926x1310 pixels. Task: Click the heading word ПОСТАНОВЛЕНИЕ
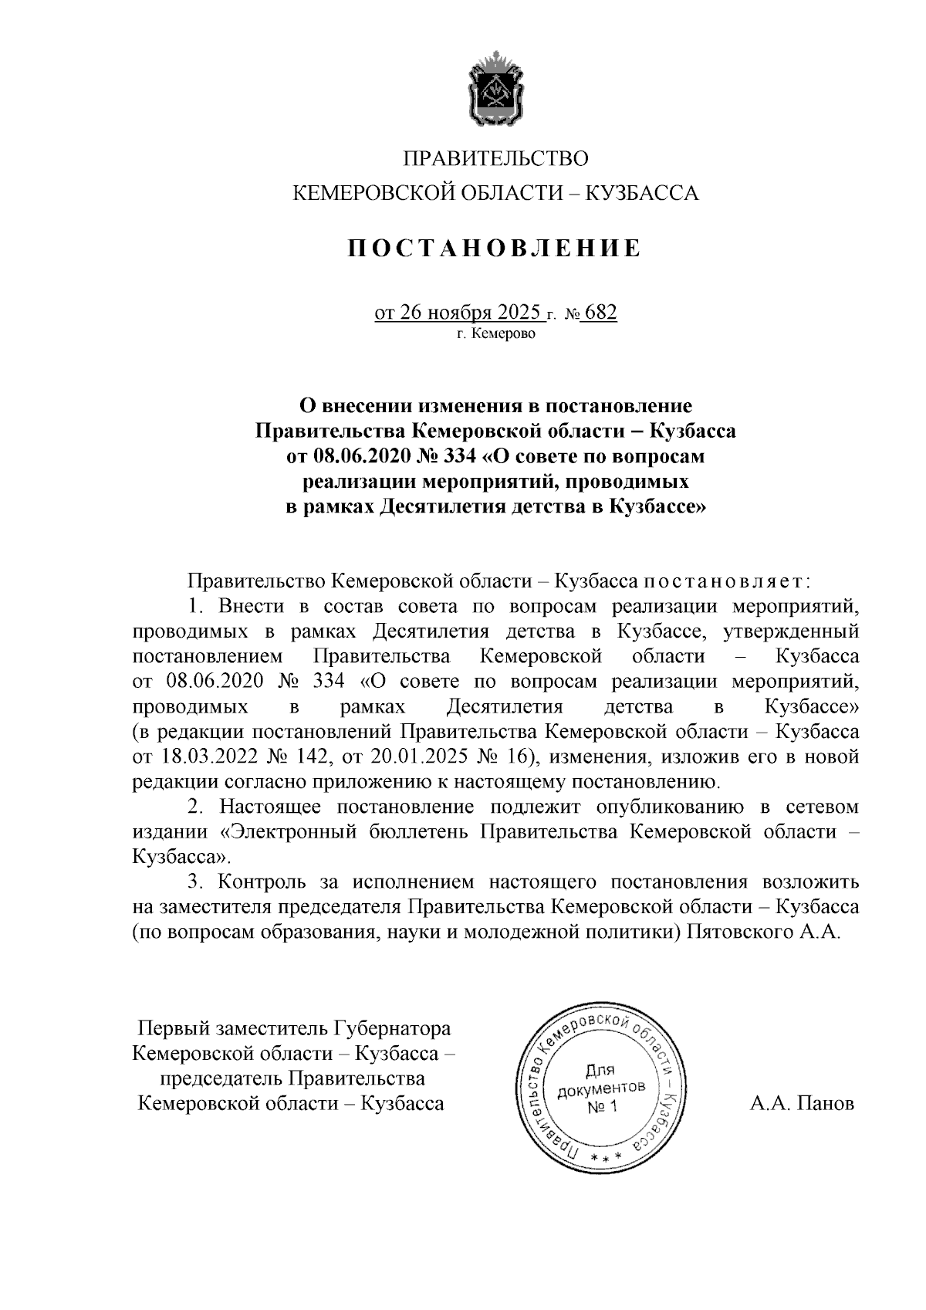pos(495,249)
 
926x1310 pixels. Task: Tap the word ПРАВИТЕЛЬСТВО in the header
pos(495,159)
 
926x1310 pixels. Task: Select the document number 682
pos(601,313)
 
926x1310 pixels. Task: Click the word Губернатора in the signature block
pos(393,1029)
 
